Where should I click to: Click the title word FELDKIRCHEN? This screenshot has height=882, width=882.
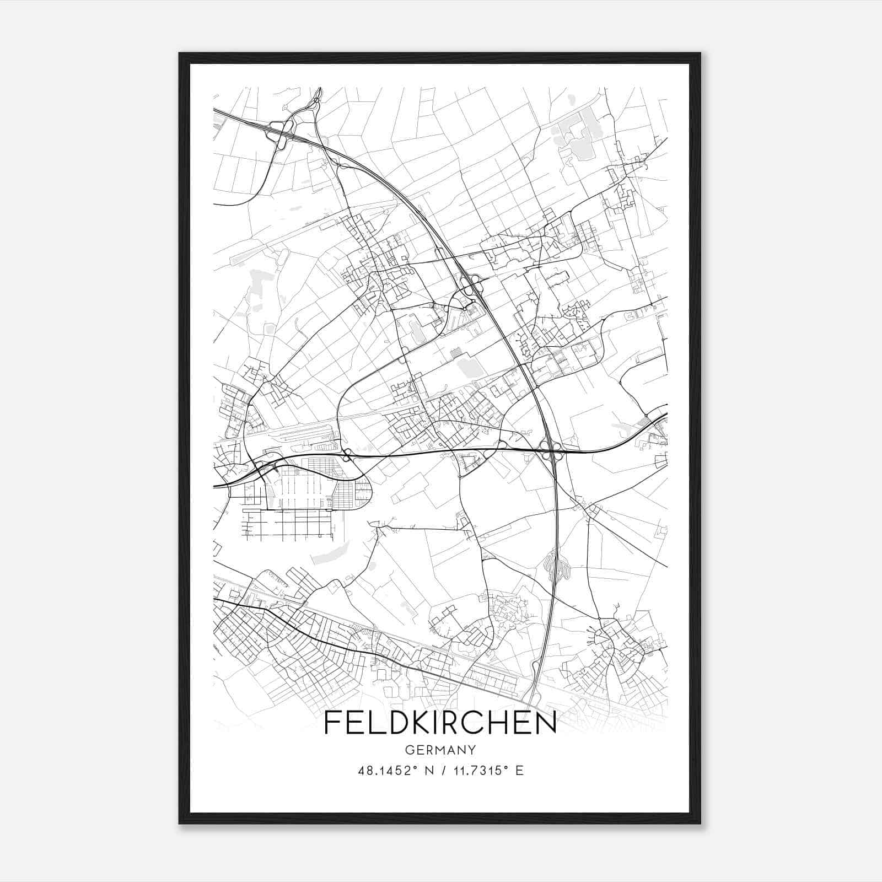click(x=440, y=723)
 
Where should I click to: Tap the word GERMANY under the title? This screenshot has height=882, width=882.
click(x=440, y=750)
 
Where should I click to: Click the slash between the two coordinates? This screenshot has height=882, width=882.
click(x=441, y=771)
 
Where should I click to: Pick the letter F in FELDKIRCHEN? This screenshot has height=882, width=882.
click(x=332, y=723)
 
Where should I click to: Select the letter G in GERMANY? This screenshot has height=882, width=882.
click(x=409, y=750)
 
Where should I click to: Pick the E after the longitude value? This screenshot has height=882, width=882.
click(x=519, y=771)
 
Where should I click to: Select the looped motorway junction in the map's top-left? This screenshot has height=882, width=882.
click(x=280, y=132)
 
